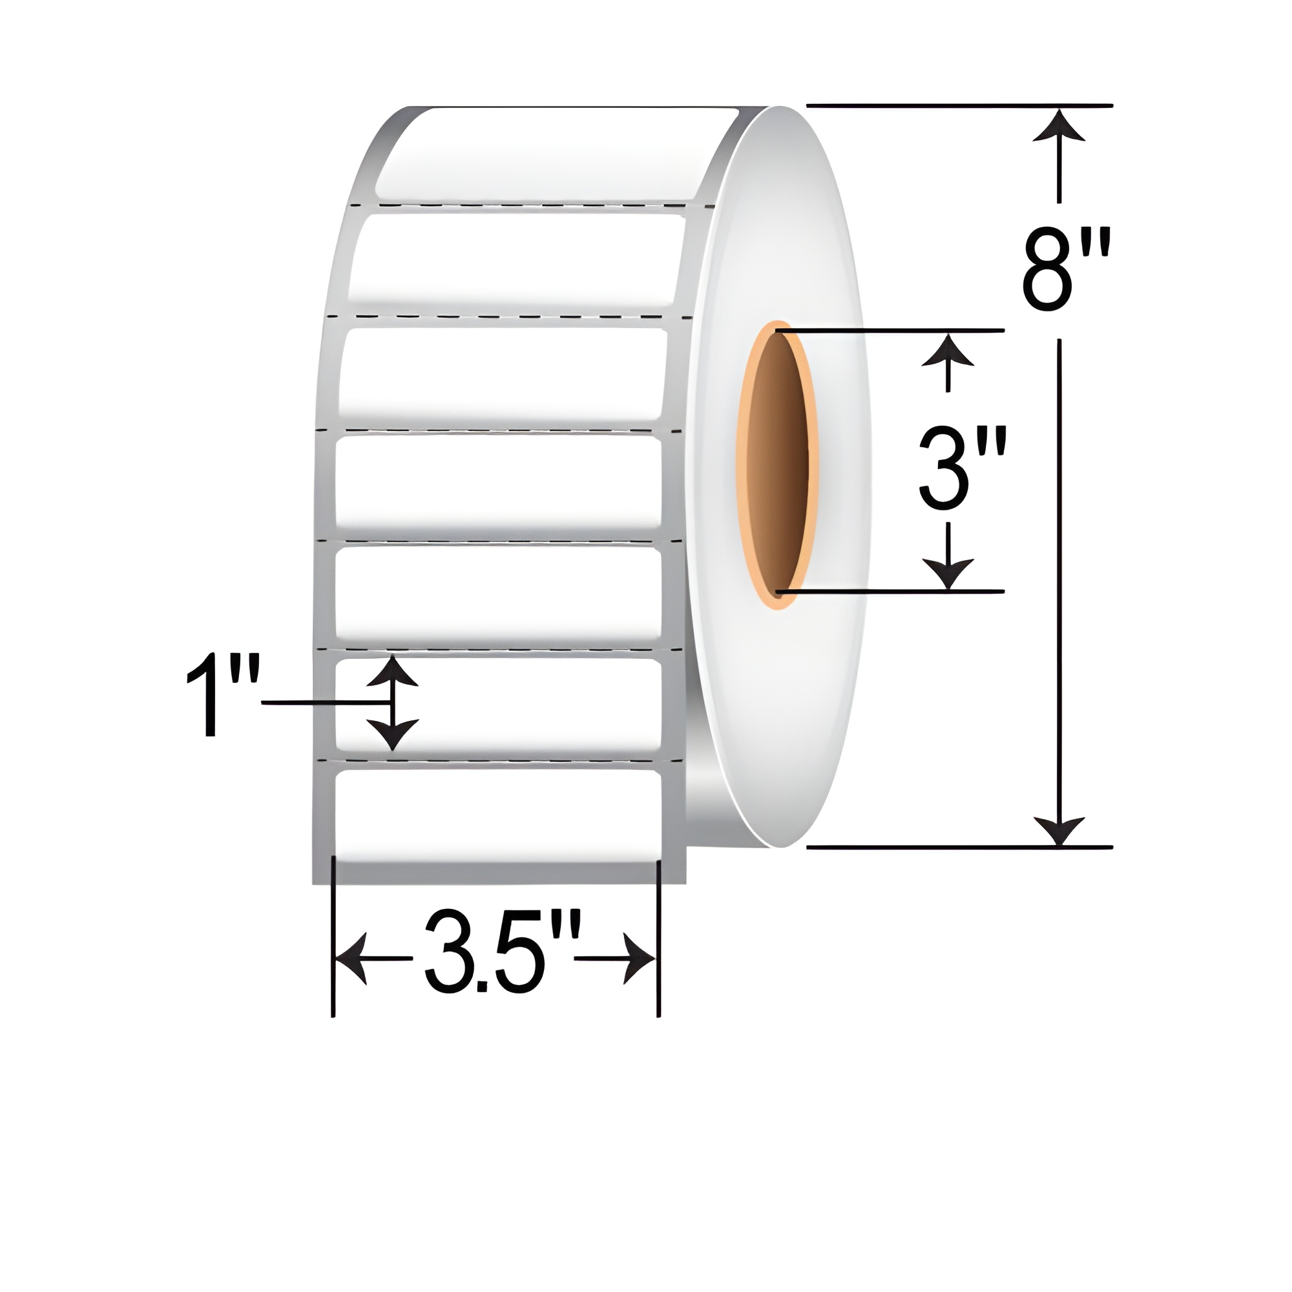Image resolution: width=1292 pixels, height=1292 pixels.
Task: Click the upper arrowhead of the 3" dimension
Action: pyautogui.click(x=947, y=350)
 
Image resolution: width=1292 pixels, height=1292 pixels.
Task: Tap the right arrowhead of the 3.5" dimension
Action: pyautogui.click(x=641, y=959)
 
